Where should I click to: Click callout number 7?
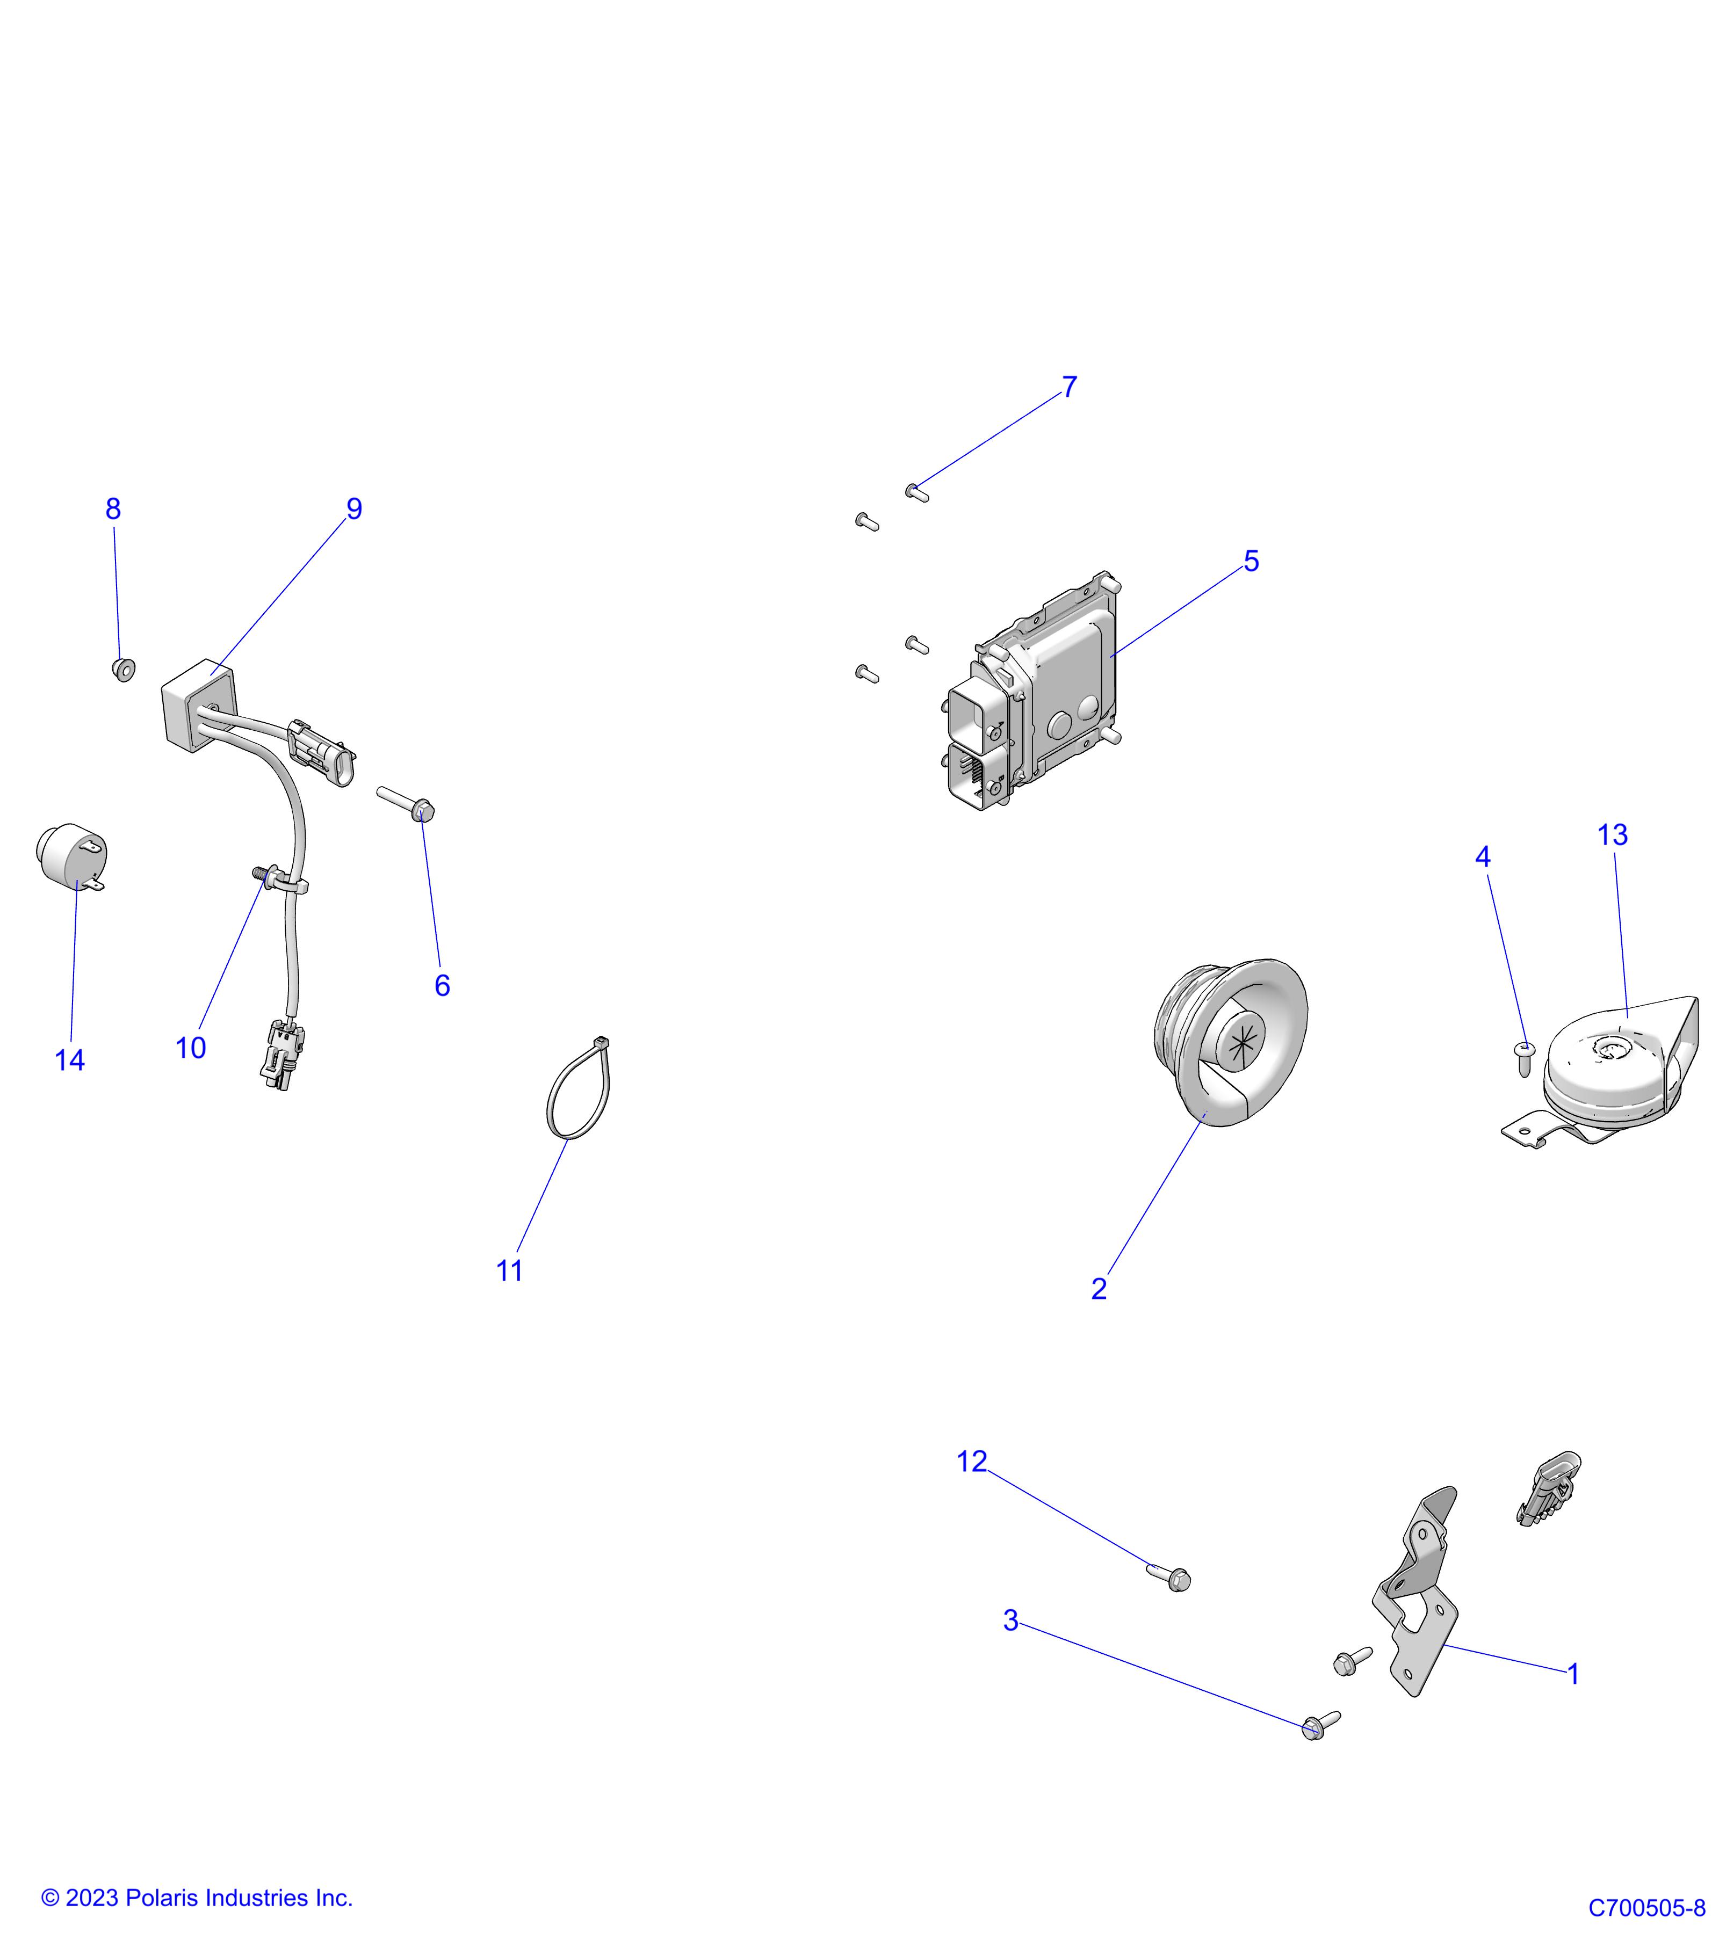pos(1069,388)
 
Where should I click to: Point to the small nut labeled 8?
pos(123,670)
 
